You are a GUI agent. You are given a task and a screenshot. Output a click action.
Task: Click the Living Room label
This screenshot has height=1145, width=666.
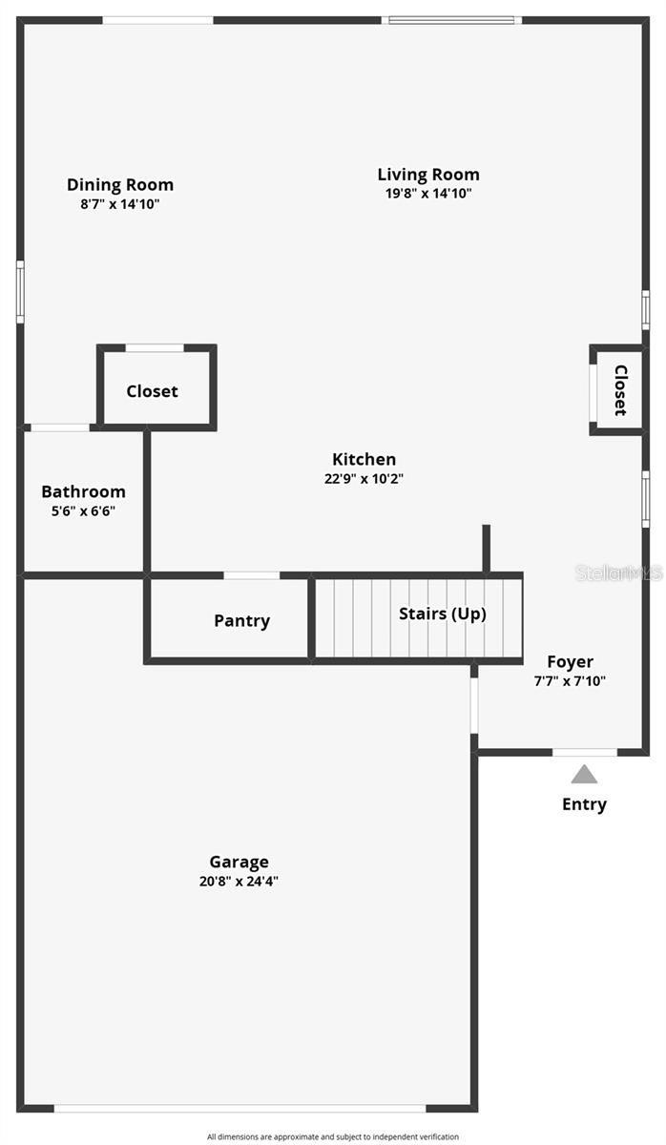point(428,175)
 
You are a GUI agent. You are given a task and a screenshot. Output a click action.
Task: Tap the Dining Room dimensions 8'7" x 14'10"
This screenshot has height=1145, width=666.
point(120,203)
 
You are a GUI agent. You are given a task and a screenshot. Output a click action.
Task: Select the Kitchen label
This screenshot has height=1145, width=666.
point(364,460)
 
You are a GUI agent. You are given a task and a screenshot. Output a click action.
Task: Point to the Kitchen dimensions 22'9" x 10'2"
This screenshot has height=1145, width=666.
point(364,479)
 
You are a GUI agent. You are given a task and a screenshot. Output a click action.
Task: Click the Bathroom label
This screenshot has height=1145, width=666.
point(83,492)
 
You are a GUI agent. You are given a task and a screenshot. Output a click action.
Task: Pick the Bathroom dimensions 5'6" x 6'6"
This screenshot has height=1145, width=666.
point(83,510)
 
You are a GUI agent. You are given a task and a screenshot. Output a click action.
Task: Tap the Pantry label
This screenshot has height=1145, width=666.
point(241,621)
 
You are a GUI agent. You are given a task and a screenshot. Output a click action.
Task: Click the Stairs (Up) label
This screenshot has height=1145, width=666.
point(442,614)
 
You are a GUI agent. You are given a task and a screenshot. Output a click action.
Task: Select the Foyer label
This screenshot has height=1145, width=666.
point(570,662)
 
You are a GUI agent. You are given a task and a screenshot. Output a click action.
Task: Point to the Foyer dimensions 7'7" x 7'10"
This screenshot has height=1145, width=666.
point(570,680)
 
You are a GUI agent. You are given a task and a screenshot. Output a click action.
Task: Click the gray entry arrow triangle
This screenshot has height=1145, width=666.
point(584,775)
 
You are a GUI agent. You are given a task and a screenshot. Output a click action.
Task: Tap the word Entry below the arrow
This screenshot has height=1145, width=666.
point(584,804)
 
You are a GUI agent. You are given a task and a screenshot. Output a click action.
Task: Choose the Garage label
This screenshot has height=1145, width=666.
point(239,863)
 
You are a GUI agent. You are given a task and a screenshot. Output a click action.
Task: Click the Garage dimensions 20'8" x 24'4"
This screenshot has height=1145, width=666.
point(239,882)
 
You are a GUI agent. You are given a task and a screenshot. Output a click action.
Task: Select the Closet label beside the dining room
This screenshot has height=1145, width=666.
point(152,391)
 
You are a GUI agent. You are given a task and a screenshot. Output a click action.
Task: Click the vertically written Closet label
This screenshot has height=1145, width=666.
point(620,389)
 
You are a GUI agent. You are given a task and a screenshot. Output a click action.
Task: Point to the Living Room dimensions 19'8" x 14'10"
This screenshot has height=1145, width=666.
point(428,193)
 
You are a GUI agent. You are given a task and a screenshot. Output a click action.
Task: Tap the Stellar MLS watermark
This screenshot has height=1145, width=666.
point(618,572)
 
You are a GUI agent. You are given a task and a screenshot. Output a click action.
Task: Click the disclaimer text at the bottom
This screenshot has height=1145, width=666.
point(333,1136)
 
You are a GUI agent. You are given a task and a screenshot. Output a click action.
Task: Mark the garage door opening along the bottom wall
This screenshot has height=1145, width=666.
point(239,1108)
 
